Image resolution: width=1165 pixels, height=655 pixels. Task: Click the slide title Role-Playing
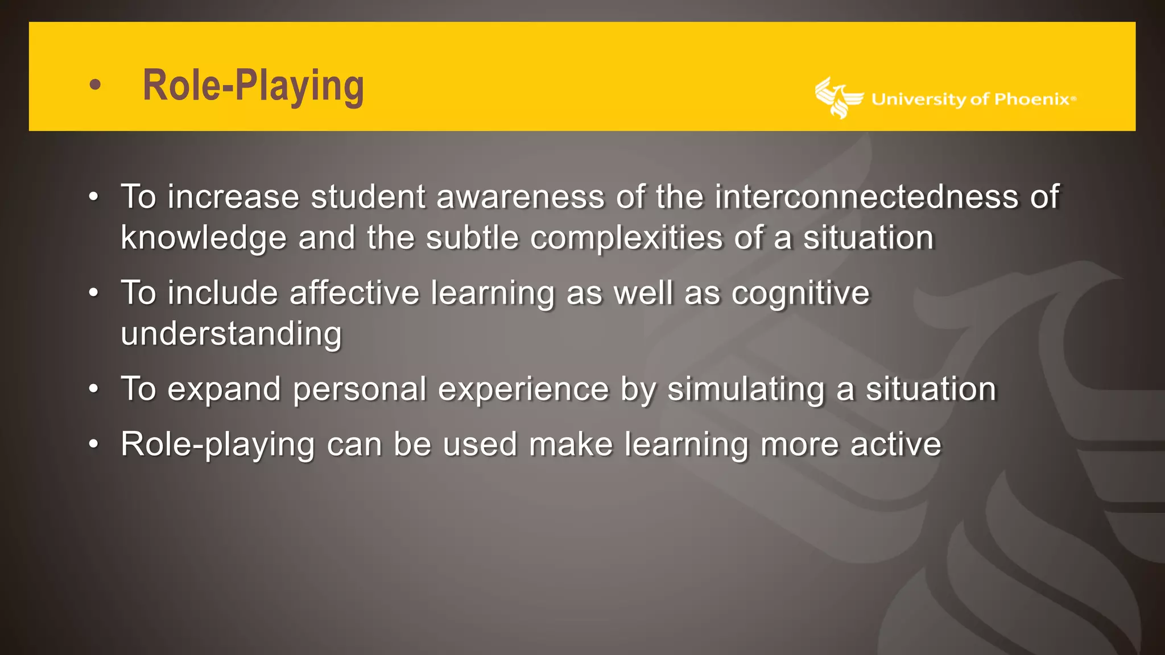pos(253,86)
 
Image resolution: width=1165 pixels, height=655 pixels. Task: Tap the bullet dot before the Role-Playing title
pos(95,85)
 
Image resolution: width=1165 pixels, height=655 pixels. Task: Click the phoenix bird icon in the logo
pos(837,98)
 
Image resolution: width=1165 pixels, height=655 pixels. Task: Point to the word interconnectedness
pos(866,197)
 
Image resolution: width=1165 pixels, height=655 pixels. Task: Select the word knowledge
pos(203,238)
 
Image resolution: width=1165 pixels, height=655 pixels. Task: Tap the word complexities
pos(626,238)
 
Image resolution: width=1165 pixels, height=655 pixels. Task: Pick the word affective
pos(354,293)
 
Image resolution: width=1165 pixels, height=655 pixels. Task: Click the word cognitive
pos(800,294)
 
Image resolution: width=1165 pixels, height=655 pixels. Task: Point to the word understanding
pos(231,334)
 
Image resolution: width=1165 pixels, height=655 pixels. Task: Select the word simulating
pos(746,389)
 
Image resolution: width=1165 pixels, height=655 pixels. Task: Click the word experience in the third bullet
pos(523,390)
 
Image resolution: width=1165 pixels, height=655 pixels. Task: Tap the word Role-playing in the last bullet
pos(217,445)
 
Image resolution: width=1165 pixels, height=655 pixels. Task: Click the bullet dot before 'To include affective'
pos(94,293)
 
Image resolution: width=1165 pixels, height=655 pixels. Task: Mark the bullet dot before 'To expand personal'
pos(94,389)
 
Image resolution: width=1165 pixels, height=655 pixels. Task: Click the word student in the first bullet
pos(367,197)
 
